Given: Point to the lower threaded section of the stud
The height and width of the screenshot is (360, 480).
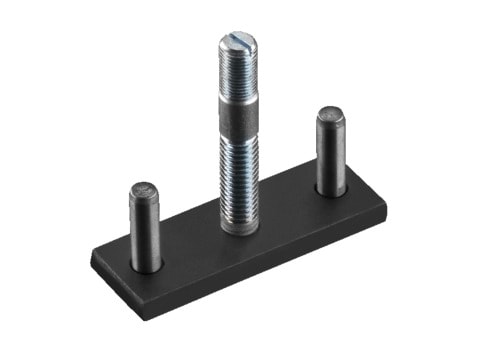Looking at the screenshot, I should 240,180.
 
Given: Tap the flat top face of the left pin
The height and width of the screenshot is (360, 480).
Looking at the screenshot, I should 144,189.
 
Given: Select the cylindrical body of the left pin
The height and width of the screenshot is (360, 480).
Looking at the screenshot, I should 145,228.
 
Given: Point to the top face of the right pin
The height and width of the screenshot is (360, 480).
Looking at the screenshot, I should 331,114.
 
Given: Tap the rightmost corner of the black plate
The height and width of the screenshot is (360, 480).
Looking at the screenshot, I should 386,204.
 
